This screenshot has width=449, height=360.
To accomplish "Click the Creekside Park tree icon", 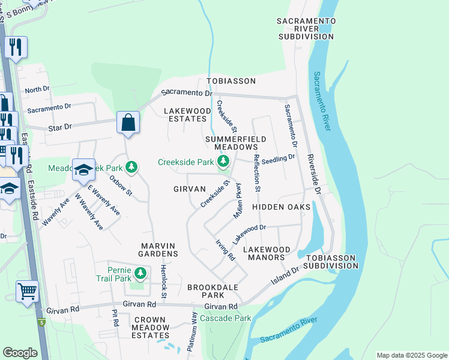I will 223,161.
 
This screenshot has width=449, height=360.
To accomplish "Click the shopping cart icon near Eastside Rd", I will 27,292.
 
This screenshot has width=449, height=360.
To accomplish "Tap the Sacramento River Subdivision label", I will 306,29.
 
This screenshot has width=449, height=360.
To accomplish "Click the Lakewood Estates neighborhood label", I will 187,115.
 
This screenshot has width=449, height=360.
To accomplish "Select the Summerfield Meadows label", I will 231,143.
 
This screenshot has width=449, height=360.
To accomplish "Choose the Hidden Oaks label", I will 281,207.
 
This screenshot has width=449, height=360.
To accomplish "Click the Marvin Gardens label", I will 160,250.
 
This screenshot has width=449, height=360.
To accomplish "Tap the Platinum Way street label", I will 194,329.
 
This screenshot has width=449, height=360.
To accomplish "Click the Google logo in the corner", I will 20,353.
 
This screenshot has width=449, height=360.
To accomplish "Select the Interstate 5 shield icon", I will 41,323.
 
